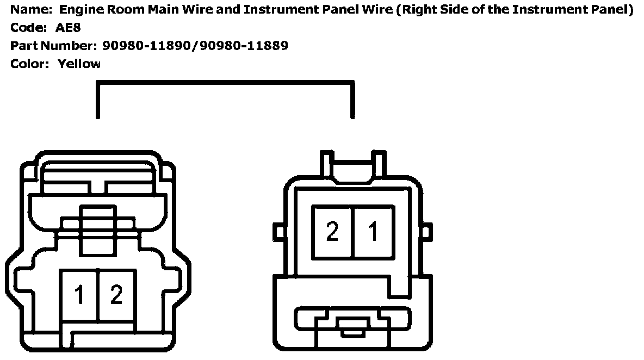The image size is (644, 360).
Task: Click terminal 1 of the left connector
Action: click(x=79, y=295)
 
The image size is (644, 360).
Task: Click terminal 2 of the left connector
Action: click(x=116, y=295)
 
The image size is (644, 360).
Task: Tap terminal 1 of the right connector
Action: click(x=373, y=232)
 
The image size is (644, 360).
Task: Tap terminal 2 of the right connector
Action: click(x=332, y=232)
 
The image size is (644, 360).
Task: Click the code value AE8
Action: click(x=68, y=28)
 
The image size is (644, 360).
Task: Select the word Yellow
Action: click(x=79, y=64)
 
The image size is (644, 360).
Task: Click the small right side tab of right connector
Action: click(x=426, y=232)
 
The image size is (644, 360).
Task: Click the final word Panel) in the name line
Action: click(x=614, y=10)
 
